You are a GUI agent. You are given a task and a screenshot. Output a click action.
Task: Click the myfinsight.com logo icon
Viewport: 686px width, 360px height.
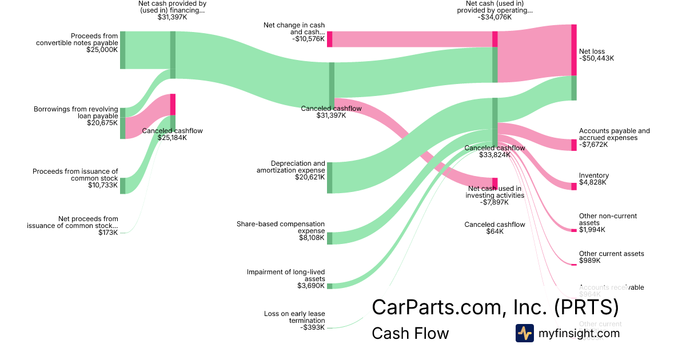point(524,333)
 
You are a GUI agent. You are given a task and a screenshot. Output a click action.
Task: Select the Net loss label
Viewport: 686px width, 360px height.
point(592,51)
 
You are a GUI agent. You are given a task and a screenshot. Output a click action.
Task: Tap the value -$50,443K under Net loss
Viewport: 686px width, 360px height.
point(596,58)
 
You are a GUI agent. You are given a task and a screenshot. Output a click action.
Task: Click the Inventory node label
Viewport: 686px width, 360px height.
point(593,175)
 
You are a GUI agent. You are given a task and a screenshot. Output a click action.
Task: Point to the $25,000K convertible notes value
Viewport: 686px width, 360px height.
point(102,50)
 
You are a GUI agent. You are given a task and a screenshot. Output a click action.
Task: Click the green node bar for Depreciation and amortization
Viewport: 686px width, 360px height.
point(329,178)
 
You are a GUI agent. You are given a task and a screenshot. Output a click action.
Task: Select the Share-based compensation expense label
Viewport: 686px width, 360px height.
point(281,227)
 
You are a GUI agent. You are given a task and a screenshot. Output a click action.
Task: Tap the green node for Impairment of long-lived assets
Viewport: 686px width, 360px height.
point(329,286)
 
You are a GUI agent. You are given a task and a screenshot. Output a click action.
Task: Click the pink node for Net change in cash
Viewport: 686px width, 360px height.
point(329,39)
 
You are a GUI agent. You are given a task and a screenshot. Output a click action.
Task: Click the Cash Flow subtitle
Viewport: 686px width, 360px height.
point(410,333)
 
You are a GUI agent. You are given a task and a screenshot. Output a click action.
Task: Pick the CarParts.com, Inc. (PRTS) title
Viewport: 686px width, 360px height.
point(495,307)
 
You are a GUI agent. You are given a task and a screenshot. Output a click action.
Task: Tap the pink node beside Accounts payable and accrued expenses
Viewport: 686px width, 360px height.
point(574,145)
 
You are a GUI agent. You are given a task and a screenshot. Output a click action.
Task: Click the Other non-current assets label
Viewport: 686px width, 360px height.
point(607,219)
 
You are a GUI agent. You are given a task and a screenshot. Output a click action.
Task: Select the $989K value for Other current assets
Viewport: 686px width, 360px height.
point(589,261)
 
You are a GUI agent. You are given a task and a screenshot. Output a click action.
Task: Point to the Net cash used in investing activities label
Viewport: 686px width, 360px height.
point(494,191)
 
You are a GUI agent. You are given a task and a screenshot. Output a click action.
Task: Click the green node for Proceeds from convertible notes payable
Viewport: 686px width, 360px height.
point(122,50)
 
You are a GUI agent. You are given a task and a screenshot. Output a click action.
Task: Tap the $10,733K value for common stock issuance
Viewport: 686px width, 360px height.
point(102,185)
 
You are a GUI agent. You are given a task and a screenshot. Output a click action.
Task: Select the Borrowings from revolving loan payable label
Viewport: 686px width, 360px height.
point(75,112)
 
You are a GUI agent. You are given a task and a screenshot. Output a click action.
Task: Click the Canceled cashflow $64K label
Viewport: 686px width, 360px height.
point(494,225)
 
